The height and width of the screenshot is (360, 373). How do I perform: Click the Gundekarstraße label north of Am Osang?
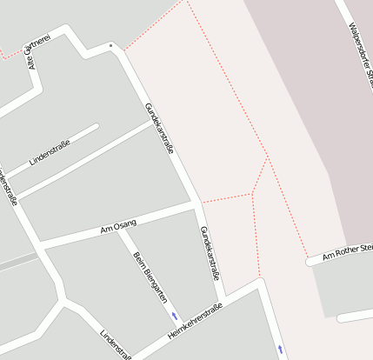click(x=160, y=128)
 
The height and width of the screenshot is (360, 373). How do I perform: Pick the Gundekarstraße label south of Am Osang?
click(x=210, y=253)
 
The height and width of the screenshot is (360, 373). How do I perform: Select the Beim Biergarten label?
click(x=149, y=277)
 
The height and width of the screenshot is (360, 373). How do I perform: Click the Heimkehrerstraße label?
click(x=196, y=321)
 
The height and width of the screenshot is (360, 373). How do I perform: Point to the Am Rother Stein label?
click(x=347, y=253)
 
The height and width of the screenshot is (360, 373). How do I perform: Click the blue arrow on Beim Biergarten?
click(x=175, y=316)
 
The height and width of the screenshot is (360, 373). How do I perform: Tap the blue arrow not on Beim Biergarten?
click(x=280, y=350)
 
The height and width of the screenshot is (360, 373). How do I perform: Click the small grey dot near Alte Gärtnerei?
click(x=110, y=44)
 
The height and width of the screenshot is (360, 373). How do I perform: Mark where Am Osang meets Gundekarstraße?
click(x=193, y=205)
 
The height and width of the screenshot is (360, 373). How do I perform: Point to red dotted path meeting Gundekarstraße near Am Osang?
click(x=202, y=201)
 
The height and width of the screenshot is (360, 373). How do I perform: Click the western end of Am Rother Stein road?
click(x=309, y=260)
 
